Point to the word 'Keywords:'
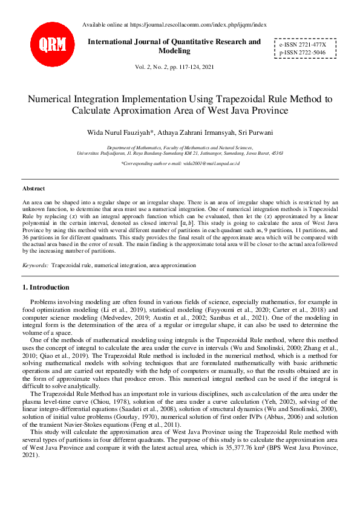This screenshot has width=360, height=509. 35,265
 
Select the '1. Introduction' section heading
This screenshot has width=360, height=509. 45,287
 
